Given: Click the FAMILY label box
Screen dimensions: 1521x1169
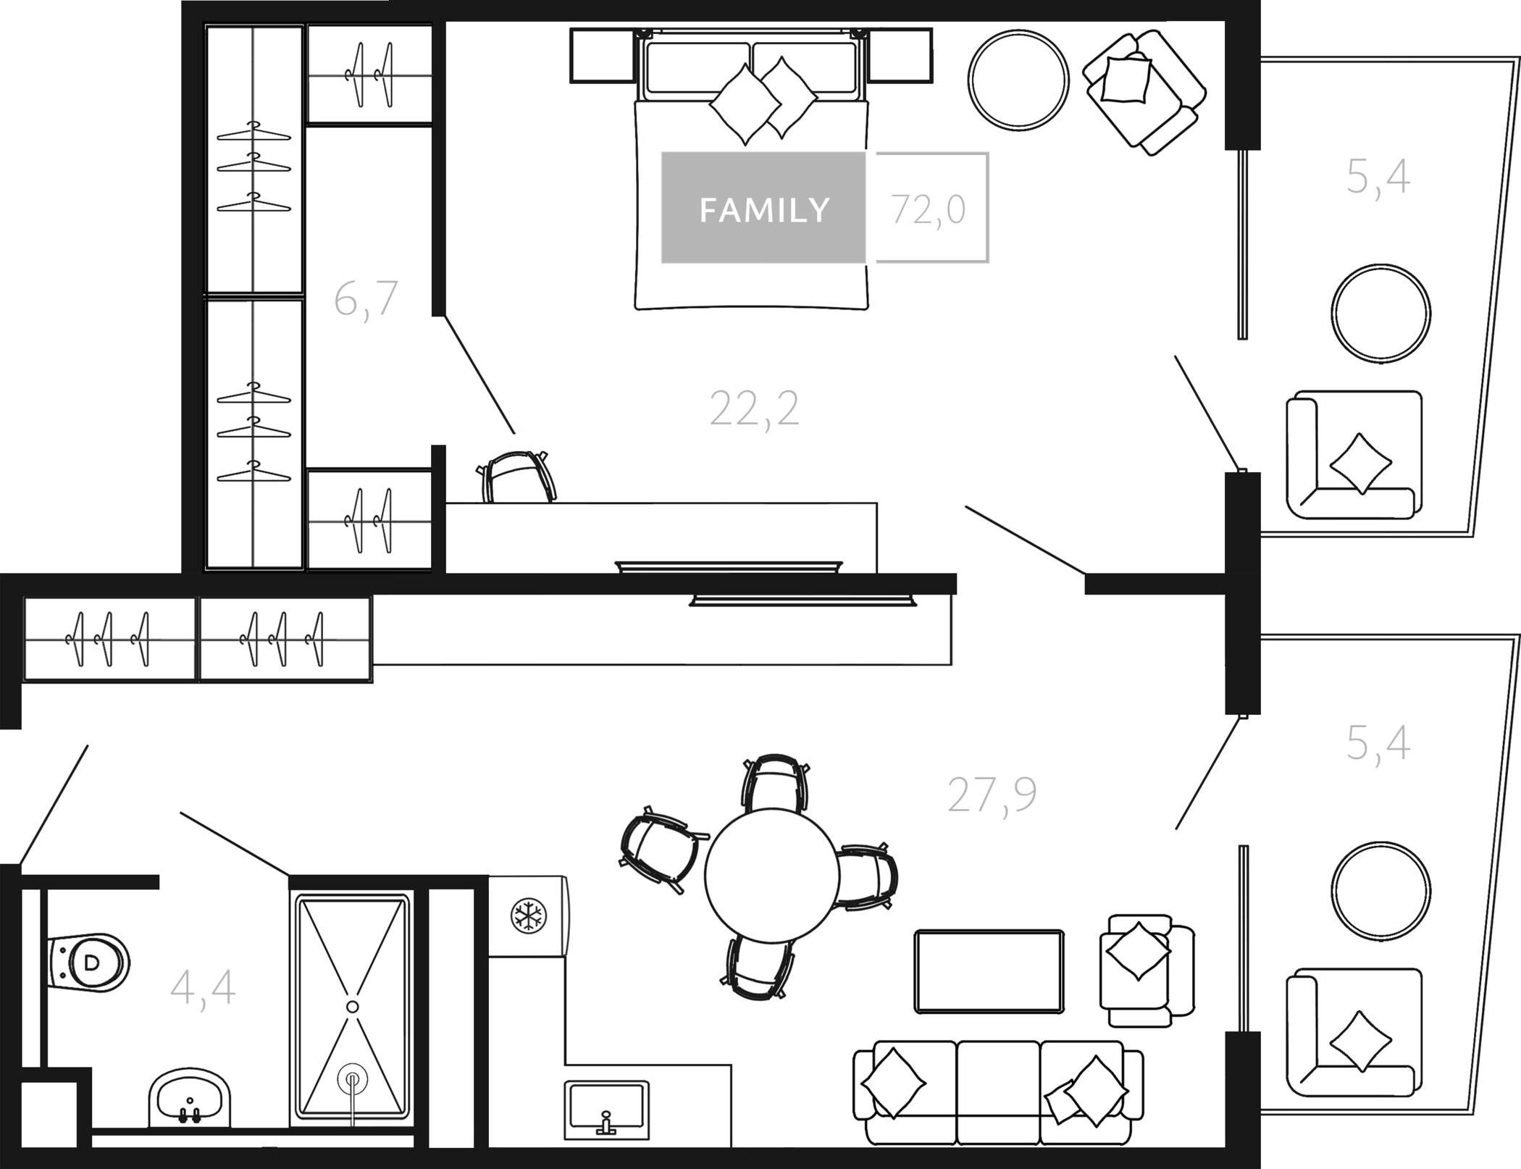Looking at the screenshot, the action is click(x=763, y=208).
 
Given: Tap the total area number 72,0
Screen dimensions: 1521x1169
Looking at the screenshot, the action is click(x=929, y=210).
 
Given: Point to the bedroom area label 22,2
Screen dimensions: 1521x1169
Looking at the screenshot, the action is click(x=755, y=409).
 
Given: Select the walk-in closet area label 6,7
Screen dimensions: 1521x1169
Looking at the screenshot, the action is click(x=366, y=298).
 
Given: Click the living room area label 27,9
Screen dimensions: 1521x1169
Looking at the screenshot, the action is click(x=992, y=795).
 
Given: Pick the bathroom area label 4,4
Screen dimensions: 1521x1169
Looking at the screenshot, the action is click(x=203, y=988).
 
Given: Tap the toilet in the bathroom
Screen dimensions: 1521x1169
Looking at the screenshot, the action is click(x=88, y=963).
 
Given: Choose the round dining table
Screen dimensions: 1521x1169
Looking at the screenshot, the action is click(x=772, y=875).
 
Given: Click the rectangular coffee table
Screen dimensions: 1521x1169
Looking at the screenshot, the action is click(x=989, y=971).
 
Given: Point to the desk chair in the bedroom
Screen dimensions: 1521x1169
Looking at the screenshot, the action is click(x=516, y=477).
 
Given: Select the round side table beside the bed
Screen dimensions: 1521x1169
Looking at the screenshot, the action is click(x=1018, y=80).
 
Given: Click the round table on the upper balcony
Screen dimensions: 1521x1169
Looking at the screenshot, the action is click(x=1380, y=314).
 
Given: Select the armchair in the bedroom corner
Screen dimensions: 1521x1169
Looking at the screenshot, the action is click(x=1144, y=92).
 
